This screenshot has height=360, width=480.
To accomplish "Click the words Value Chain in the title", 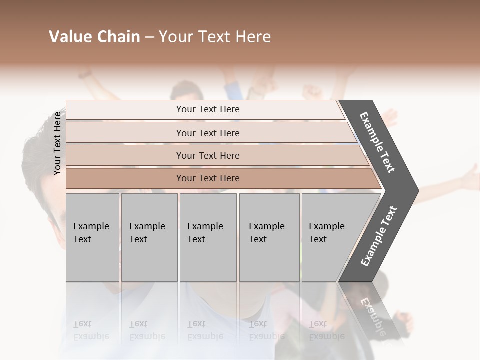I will click(x=94, y=37).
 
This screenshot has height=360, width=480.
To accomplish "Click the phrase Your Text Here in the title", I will click(x=215, y=37).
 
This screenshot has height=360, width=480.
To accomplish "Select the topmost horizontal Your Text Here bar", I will click(x=207, y=109).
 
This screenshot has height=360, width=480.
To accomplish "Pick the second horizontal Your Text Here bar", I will click(x=207, y=133).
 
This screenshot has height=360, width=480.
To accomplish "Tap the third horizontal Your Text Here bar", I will click(x=207, y=155).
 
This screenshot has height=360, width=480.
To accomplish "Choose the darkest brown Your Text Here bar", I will click(x=207, y=178).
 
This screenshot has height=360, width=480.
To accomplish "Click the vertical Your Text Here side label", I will click(x=58, y=143).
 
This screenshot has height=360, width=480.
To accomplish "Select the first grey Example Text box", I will click(x=92, y=237).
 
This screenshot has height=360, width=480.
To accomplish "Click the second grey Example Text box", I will click(x=149, y=237).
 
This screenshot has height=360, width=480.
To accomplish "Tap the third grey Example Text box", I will click(x=207, y=237).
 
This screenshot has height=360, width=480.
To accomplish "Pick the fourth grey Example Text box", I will click(x=269, y=237).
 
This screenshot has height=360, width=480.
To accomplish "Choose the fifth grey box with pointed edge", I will click(x=332, y=237).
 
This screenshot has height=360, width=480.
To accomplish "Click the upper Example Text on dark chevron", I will click(x=378, y=142).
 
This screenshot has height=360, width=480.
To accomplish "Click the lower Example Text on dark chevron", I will click(x=379, y=236).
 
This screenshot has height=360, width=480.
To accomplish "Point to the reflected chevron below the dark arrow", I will click(x=372, y=312).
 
